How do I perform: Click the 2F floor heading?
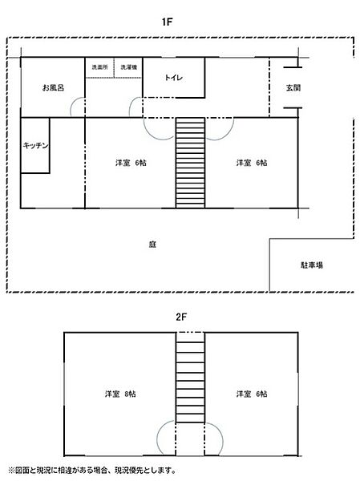pos(181,316)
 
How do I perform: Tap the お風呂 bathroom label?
pos(53,87)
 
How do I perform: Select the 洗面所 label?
pos(99,68)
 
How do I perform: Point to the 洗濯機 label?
pos(128,68)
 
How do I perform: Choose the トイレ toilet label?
pos(174,78)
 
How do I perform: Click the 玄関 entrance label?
pos(293,87)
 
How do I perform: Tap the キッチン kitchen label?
pos(36,145)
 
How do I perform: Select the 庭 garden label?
pos(152,244)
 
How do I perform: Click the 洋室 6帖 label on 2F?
pos(252,394)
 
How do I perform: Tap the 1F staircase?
pos(190,163)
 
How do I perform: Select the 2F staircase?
pos(190,376)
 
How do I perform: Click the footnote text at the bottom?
pos(92,471)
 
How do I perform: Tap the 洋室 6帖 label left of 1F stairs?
pos(131,163)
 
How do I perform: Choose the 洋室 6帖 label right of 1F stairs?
pos(252,163)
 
